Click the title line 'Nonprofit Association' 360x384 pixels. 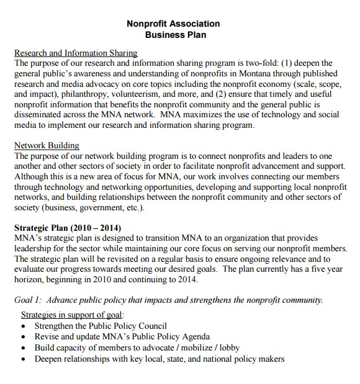coord(173,24)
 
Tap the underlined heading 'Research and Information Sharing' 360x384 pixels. coord(76,53)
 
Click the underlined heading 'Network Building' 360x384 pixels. coord(47,146)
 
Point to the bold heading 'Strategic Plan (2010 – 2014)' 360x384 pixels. coord(68,228)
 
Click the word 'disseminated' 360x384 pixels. coord(40,115)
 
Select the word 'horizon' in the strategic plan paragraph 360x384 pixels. coord(29,279)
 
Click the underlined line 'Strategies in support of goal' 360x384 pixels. coord(73,315)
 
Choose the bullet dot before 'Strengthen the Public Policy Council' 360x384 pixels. coord(24,326)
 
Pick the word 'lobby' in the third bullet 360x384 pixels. coord(227,348)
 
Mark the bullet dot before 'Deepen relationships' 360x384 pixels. coord(24,360)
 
